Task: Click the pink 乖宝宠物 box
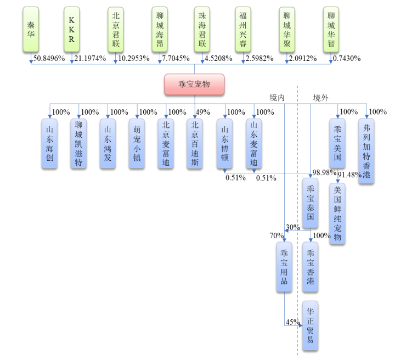tap(194, 84)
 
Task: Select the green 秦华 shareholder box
tap(30, 30)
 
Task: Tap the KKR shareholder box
tap(72, 30)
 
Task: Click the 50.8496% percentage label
tap(49, 58)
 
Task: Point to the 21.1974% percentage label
tap(89, 58)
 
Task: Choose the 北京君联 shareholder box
tap(116, 30)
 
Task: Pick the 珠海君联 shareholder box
tap(202, 30)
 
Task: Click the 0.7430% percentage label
tap(347, 58)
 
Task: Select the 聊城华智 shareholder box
tap(331, 30)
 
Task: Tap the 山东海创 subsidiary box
tap(49, 143)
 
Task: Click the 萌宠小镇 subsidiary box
tap(137, 143)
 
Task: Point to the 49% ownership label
tap(204, 113)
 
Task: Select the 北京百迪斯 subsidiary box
tap(194, 143)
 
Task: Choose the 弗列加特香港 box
tap(366, 151)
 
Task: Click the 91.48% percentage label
tap(349, 175)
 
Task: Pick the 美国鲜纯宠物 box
tap(337, 214)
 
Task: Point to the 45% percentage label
tap(291, 322)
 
